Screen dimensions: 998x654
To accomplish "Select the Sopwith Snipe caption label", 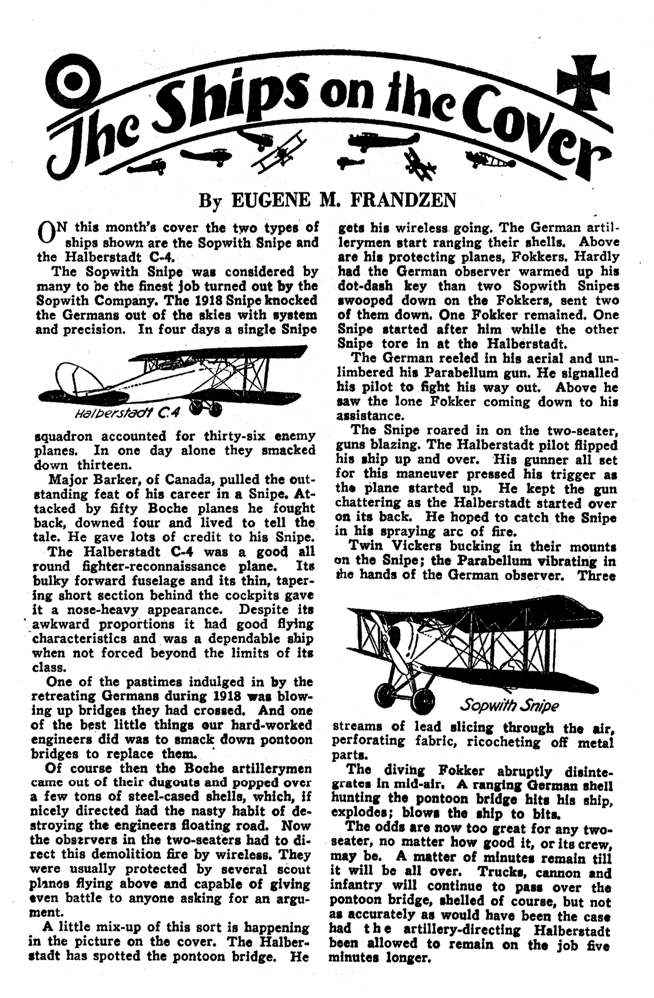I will (509, 705).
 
